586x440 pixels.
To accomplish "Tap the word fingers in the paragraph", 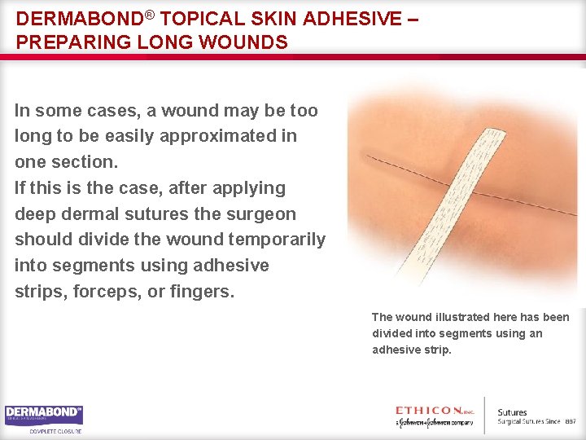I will [x=204, y=292].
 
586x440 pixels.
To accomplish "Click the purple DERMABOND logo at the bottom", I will [x=44, y=415].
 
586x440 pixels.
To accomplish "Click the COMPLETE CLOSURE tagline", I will [x=55, y=431].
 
